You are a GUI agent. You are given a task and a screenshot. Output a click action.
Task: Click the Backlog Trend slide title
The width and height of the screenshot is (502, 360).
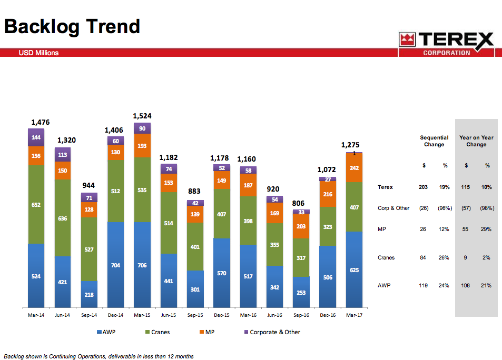click(x=72, y=26)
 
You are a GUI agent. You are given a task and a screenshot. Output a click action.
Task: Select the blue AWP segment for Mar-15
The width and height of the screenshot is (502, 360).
click(x=142, y=264)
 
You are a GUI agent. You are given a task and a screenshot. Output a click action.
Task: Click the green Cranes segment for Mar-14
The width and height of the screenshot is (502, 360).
click(x=36, y=204)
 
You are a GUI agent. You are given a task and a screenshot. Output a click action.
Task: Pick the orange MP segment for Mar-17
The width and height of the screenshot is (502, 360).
click(x=354, y=167)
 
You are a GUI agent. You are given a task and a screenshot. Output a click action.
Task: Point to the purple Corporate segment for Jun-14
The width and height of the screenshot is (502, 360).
click(x=62, y=154)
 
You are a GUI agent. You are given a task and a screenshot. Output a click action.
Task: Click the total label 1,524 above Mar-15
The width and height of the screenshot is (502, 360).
click(x=142, y=116)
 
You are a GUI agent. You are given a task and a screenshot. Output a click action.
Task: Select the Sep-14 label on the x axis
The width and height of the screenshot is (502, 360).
click(x=89, y=315)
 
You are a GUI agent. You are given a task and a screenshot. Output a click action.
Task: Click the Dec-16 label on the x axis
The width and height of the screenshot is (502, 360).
click(x=328, y=315)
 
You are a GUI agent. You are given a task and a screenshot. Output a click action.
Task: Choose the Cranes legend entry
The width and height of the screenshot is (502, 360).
click(x=158, y=332)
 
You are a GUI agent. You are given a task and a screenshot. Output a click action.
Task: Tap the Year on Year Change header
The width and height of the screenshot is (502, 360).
click(x=476, y=141)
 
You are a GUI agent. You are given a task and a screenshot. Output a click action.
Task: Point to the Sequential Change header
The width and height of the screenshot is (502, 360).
click(x=434, y=141)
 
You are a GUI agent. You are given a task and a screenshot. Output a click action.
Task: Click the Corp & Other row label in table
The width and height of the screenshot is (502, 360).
click(x=393, y=208)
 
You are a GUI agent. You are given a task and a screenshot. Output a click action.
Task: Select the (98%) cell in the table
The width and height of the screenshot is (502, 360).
click(x=487, y=208)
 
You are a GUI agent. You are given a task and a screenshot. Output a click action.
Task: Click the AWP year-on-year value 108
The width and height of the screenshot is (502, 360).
click(x=466, y=285)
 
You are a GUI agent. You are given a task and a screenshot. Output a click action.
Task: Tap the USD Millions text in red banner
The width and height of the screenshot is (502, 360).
click(x=38, y=53)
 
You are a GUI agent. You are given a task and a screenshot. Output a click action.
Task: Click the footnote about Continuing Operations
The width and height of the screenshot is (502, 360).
click(x=99, y=356)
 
